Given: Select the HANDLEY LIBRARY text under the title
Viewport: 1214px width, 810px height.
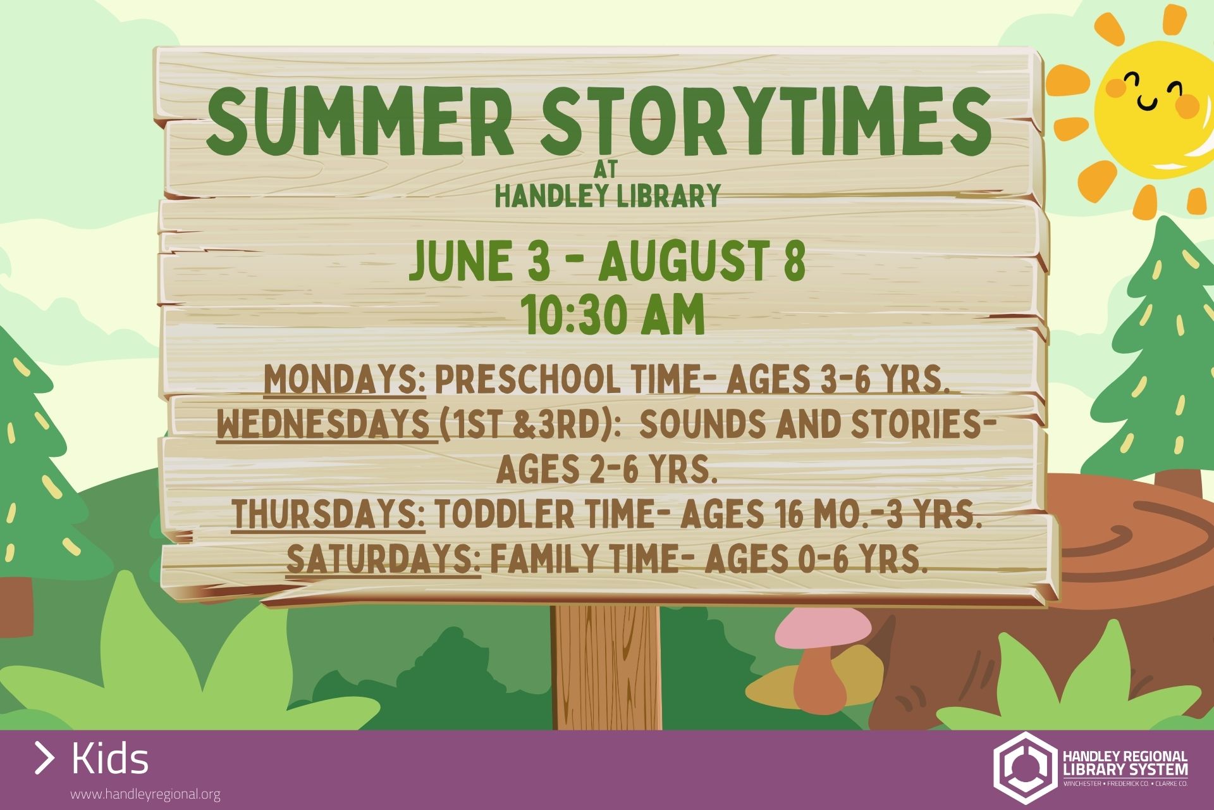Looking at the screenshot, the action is coord(608,196).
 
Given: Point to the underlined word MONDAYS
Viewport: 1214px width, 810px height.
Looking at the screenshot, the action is coord(345,380).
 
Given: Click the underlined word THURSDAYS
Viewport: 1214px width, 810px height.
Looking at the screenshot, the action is coord(329,514).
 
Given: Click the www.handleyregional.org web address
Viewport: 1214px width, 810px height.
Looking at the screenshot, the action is coord(145,794).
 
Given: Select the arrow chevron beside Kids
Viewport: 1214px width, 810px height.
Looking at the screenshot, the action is coord(44,758).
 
